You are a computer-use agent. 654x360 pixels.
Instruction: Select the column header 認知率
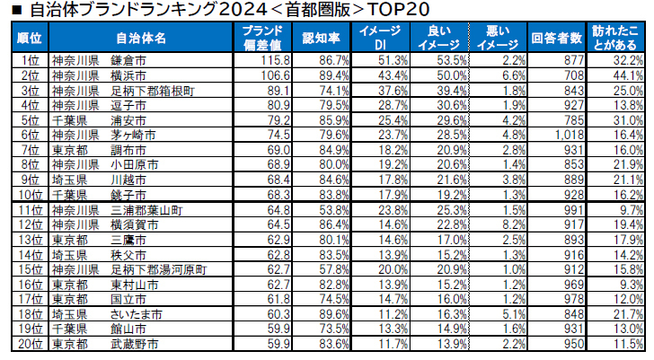[321, 38]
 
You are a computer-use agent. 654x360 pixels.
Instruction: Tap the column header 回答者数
[557, 38]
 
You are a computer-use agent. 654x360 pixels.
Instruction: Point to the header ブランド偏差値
[262, 38]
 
